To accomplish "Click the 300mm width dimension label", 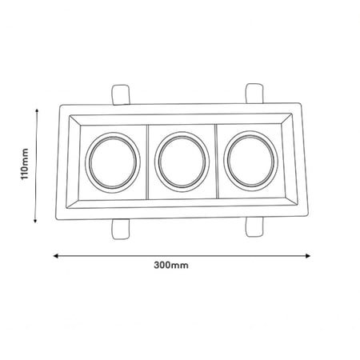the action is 171,265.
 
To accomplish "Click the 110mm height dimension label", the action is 25,164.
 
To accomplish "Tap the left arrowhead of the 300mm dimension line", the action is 55,256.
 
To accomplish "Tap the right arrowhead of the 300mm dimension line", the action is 308,256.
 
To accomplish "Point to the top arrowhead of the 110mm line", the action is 37,110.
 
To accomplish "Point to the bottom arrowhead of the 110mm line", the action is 35,221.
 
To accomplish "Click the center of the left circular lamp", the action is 113,162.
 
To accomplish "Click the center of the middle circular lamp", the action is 182,162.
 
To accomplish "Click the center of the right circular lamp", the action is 250,161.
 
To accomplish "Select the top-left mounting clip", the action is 121,94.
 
